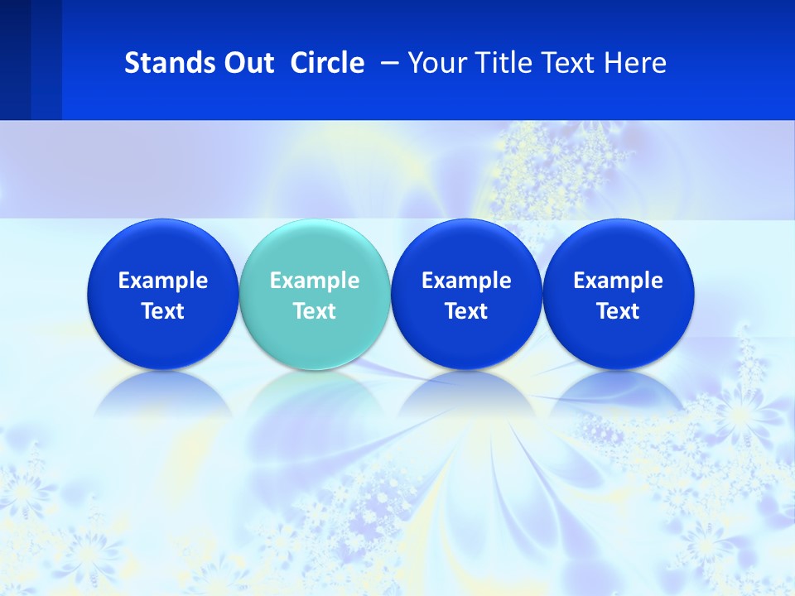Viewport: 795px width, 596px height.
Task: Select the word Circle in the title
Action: tap(327, 63)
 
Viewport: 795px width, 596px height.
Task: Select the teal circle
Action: tap(315, 248)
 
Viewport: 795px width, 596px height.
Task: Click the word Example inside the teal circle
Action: tap(315, 281)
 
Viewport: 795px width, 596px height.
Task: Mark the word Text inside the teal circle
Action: tap(315, 311)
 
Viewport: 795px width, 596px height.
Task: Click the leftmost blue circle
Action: tap(162, 248)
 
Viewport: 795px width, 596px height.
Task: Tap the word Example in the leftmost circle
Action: tap(162, 281)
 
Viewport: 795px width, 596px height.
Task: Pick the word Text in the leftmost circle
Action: tap(162, 311)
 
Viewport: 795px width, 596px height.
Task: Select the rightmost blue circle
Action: tap(618, 248)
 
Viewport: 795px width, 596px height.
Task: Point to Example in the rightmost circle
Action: tap(618, 281)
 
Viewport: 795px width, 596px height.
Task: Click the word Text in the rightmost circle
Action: tap(618, 311)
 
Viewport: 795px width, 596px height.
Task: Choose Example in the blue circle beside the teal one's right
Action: tap(466, 281)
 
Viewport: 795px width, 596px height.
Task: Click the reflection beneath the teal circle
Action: tap(315, 392)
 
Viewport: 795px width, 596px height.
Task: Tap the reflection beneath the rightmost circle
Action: tap(618, 392)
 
